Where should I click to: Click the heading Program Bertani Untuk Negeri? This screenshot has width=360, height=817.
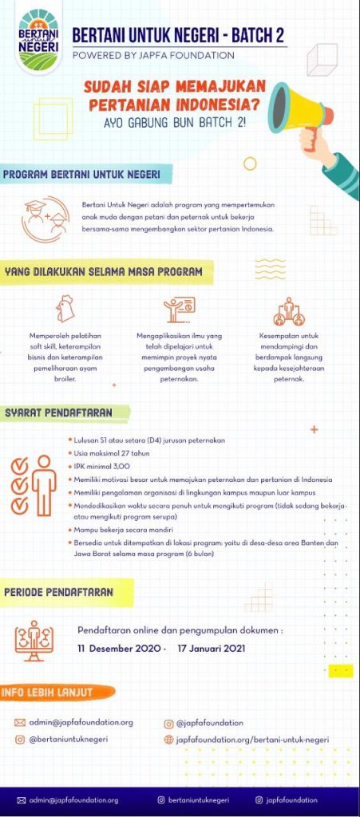point(81,175)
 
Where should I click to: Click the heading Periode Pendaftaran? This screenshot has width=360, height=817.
point(58,593)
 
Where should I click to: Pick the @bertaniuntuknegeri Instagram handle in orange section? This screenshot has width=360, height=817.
point(69,740)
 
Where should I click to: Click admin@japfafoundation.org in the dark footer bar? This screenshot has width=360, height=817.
point(73,799)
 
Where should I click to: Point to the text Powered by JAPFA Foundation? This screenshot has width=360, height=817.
point(153,56)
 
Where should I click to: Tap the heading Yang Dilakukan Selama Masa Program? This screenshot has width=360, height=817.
point(103,272)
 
